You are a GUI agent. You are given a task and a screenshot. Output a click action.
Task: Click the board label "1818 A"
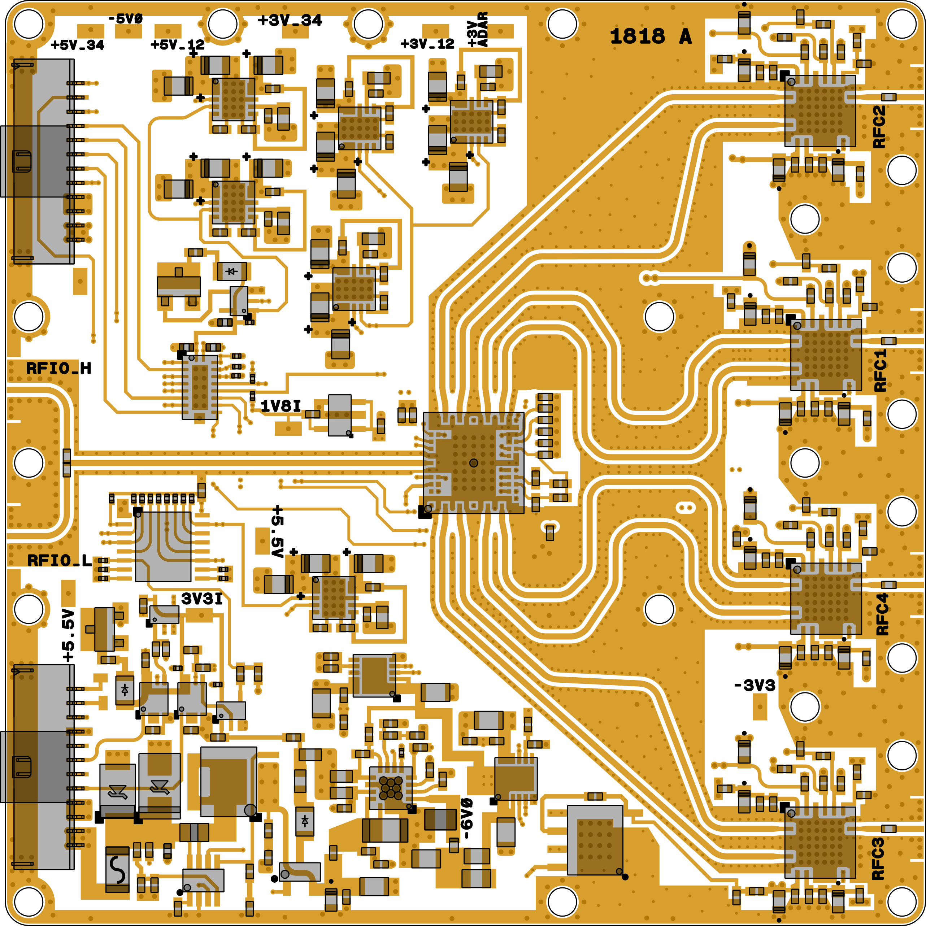click(651, 36)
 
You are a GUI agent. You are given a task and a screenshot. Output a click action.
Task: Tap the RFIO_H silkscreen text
click(58, 368)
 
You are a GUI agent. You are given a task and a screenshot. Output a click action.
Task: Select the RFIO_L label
click(60, 560)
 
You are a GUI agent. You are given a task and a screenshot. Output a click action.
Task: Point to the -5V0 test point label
click(125, 19)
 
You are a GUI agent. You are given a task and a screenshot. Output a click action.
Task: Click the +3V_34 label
click(290, 20)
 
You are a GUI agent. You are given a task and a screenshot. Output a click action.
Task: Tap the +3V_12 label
click(427, 44)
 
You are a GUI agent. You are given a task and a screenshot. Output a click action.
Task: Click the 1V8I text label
click(281, 407)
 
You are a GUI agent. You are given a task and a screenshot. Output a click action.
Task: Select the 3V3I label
click(202, 599)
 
